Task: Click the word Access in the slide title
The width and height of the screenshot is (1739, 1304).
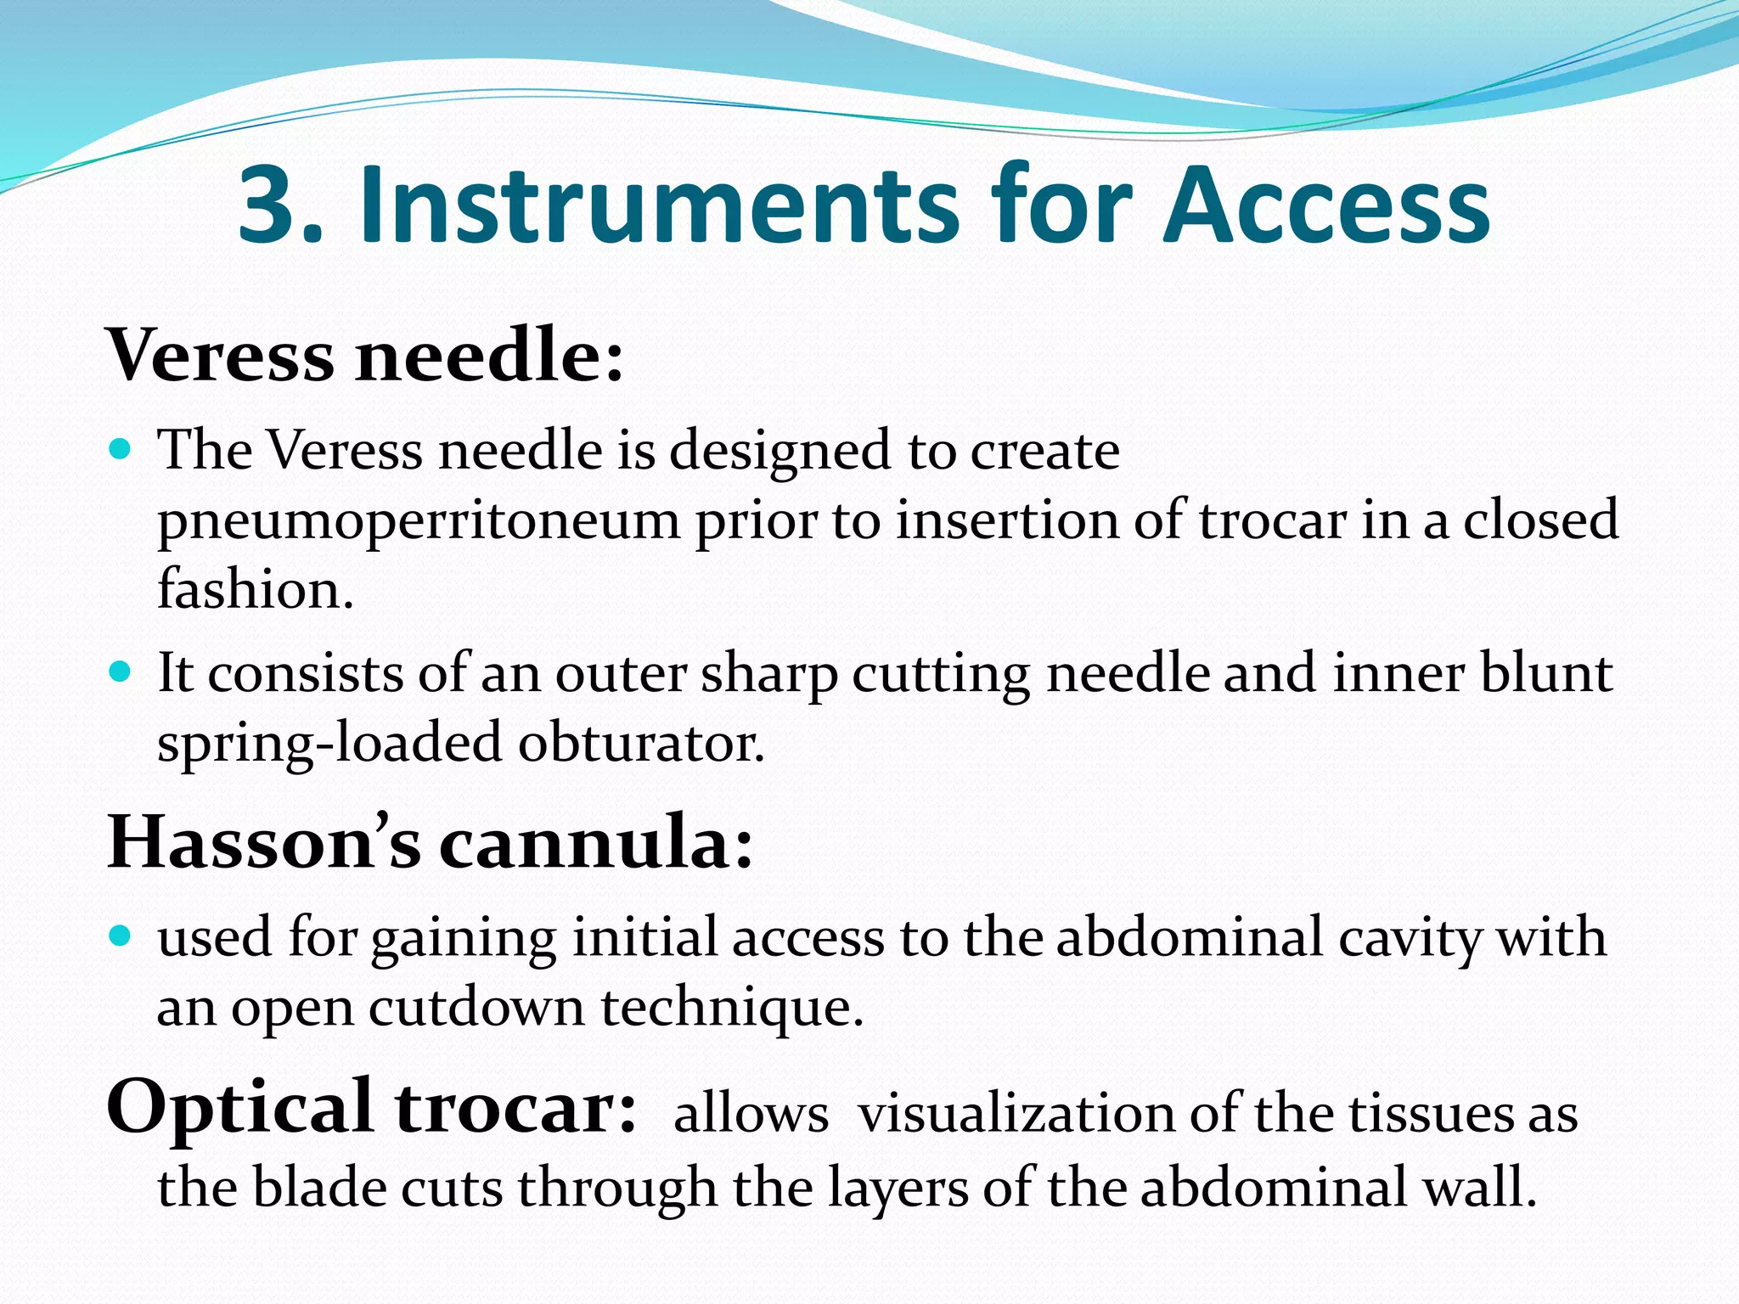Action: click(x=1326, y=206)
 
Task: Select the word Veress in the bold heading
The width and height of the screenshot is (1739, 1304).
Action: click(x=221, y=355)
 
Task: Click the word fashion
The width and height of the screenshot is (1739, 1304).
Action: click(x=255, y=588)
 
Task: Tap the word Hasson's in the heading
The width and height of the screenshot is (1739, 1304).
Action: click(x=264, y=842)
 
